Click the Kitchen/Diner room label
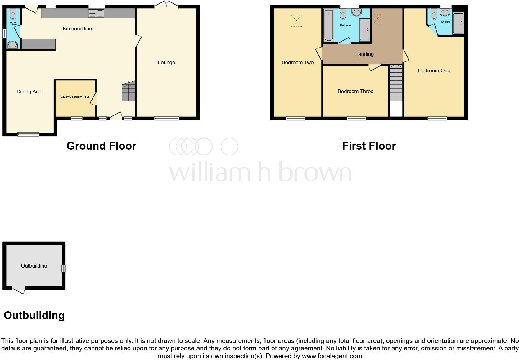tap(78, 29)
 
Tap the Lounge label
tap(166, 62)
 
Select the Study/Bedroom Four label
tap(75, 97)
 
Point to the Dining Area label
tap(30, 92)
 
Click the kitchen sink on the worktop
tap(96, 13)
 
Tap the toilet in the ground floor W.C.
tap(13, 14)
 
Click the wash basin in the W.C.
tap(13, 45)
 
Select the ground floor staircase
tap(129, 92)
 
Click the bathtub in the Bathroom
tap(328, 25)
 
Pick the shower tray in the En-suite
tap(458, 23)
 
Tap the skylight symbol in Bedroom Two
tap(296, 21)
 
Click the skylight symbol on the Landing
tap(377, 19)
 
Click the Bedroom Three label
tap(355, 91)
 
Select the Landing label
tap(364, 54)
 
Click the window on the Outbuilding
tap(64, 268)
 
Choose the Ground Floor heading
tap(101, 146)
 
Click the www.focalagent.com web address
tap(332, 356)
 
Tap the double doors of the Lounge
tap(166, 4)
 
